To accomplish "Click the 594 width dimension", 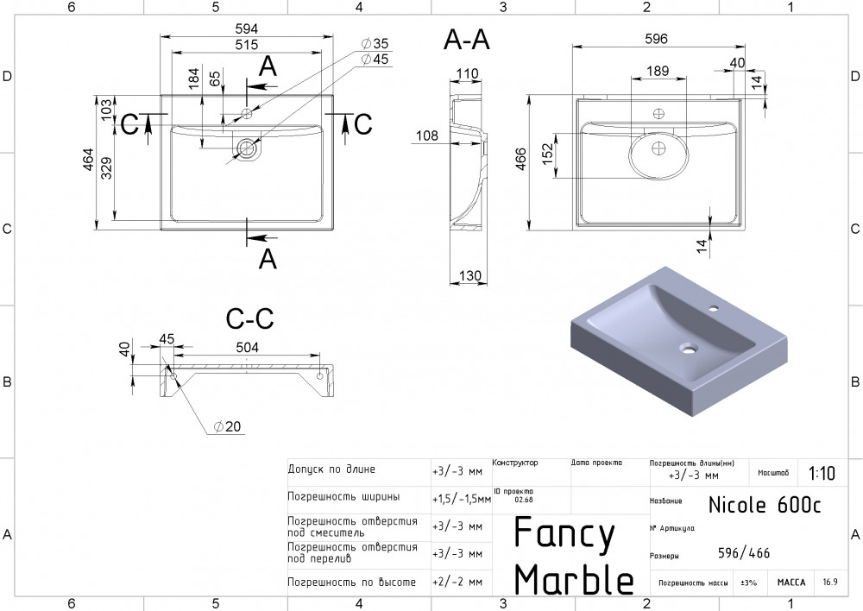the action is tap(246, 28).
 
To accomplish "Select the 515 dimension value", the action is tap(246, 45).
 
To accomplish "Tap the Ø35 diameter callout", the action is tap(375, 43).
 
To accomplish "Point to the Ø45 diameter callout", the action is tap(375, 59).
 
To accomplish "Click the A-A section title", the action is tap(466, 40).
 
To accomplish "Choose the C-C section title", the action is tap(249, 318).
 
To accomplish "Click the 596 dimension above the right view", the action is tap(656, 39).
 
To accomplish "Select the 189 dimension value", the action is tap(658, 71).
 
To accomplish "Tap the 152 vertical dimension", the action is tap(547, 154).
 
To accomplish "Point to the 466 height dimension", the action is tap(520, 159).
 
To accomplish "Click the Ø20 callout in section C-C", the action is tap(227, 426).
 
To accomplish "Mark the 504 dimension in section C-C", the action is tap(247, 347).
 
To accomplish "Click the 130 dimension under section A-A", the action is tap(469, 276).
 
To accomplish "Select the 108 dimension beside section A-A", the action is tap(427, 135).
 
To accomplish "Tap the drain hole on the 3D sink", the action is tap(688, 348).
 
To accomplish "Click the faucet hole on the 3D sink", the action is tap(714, 308).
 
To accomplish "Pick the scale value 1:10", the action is tap(822, 473).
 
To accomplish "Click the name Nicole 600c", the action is tap(765, 504).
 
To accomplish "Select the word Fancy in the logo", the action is tap(564, 534).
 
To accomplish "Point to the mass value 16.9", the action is tap(830, 582).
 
